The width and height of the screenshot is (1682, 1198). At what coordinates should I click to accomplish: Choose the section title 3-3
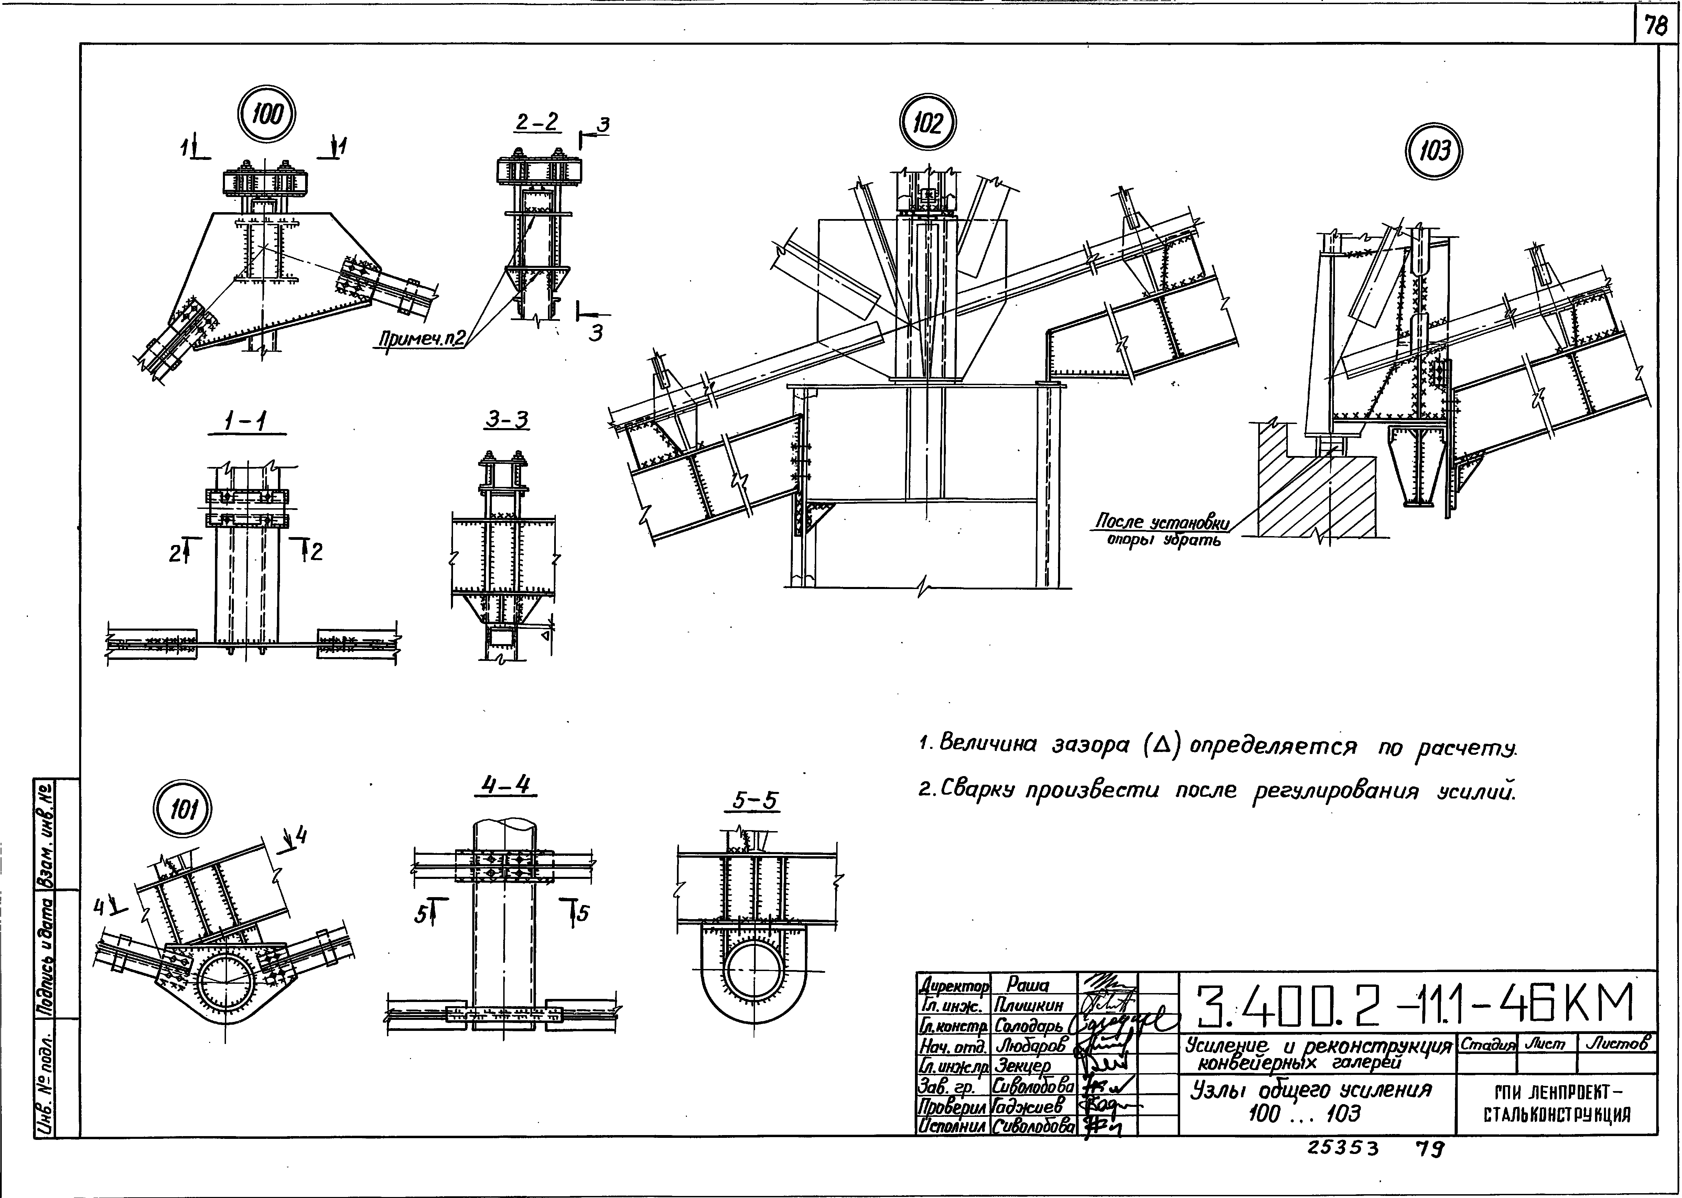507,420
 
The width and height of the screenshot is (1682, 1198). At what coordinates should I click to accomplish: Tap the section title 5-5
755,801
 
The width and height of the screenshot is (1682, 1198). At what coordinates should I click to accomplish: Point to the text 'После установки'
1162,522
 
